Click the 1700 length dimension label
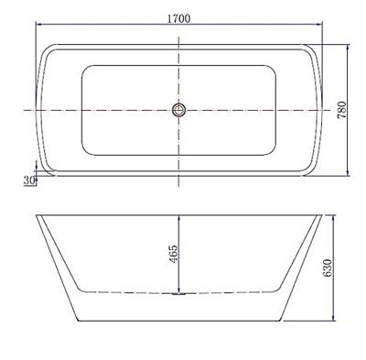click(x=178, y=19)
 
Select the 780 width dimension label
click(x=342, y=110)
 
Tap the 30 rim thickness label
click(x=29, y=180)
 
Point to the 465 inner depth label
click(x=173, y=254)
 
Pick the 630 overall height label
click(x=327, y=267)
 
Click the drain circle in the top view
click(x=178, y=110)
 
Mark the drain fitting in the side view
click(x=178, y=294)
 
